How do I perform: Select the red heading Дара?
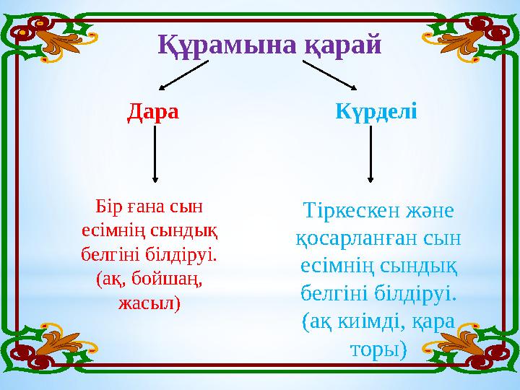click(152, 113)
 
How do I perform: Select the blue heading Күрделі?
click(376, 113)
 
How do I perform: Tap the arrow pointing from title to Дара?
click(183, 75)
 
